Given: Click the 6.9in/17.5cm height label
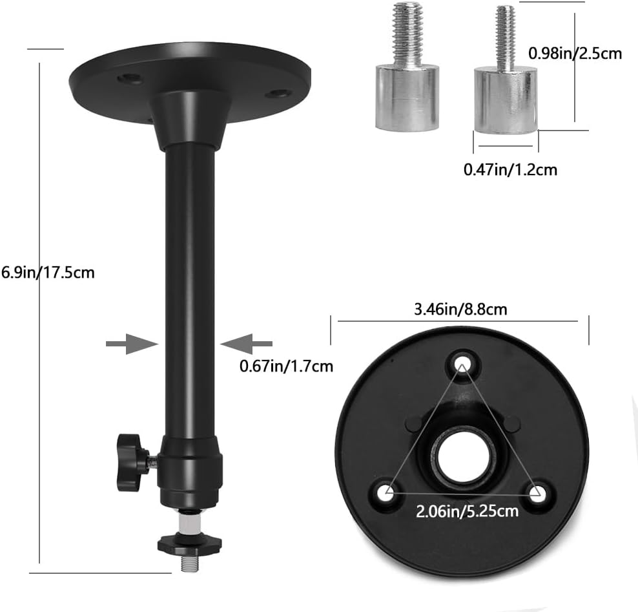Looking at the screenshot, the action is (x=48, y=272).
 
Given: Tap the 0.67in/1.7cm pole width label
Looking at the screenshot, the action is (x=286, y=366).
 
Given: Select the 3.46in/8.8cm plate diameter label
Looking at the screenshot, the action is (x=460, y=310).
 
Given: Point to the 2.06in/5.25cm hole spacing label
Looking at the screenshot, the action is (x=467, y=511).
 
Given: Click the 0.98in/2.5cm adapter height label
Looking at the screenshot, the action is (x=575, y=54).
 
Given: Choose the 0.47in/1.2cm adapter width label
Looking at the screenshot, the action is (x=510, y=169).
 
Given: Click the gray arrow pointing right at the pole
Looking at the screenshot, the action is (x=132, y=344).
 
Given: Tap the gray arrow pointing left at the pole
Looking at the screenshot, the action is (x=246, y=344).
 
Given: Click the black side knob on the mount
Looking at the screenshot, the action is (x=129, y=462).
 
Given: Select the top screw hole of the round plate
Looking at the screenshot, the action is (x=462, y=363).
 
